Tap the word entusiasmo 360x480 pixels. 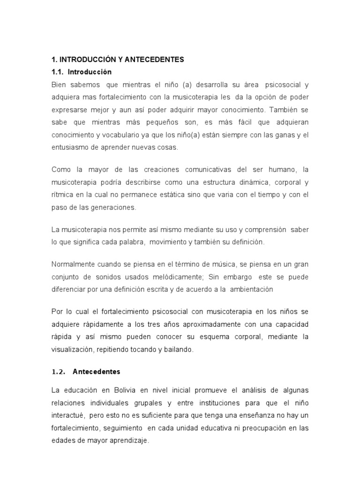pos(70,147)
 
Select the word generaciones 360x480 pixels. pos(110,206)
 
